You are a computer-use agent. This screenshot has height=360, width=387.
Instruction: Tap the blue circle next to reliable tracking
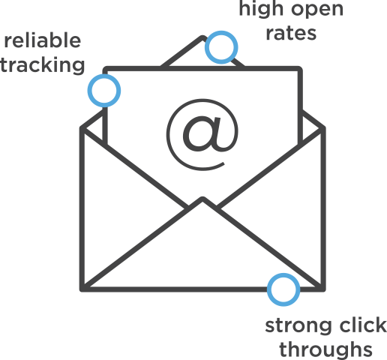click(x=103, y=90)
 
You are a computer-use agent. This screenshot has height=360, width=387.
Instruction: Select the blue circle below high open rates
click(x=220, y=46)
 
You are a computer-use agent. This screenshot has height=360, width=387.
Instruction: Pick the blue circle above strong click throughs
click(x=283, y=289)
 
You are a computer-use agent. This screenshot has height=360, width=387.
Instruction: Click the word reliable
click(x=42, y=40)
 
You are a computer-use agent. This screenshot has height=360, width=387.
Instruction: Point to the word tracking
click(x=42, y=66)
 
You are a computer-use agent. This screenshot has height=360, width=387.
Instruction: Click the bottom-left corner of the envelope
click(x=82, y=287)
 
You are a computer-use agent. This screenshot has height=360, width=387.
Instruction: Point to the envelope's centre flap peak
click(x=202, y=199)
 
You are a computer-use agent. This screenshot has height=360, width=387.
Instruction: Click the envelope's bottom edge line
click(x=172, y=287)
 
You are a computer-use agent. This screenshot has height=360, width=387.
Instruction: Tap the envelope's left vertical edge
click(x=82, y=210)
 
